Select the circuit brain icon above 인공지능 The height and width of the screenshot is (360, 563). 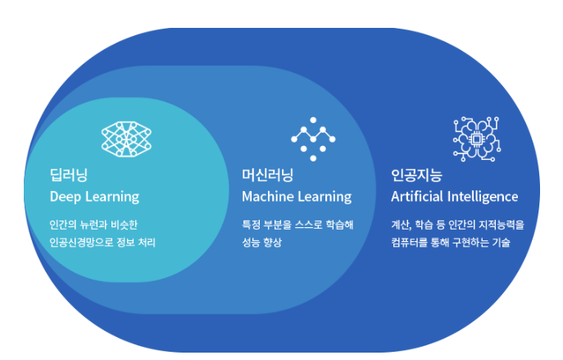coord(476,138)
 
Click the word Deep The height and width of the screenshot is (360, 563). coord(65,198)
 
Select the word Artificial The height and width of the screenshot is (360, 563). coord(418,198)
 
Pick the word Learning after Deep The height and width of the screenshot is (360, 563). coord(111,198)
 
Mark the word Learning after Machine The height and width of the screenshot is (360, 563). coord(325,198)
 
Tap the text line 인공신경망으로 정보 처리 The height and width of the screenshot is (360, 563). coord(102,243)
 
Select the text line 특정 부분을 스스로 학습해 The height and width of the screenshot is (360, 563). coord(297,225)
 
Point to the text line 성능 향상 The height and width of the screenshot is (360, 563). coord(261,243)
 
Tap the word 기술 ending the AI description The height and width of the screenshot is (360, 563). coord(499,243)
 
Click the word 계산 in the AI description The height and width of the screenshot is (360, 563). coord(402,225)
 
